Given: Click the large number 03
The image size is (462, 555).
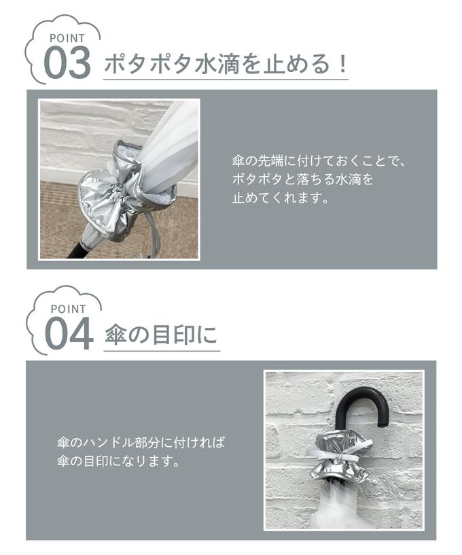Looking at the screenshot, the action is point(67,63).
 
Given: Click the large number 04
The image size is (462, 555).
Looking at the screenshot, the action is point(69,334).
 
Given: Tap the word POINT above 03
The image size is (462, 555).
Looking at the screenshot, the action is point(67,38).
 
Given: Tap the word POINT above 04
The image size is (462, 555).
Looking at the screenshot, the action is point(69,309).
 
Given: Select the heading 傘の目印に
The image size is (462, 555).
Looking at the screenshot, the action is point(161,335).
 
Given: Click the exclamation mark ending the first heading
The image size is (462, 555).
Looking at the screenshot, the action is point(342,64).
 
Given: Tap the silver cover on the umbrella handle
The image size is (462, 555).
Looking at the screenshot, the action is point(341,456).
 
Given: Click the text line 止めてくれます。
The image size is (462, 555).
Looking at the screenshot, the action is point(281,197).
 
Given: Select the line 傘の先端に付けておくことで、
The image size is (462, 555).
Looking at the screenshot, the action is point(318,161).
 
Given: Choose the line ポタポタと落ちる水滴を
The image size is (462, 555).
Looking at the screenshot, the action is point(302,179).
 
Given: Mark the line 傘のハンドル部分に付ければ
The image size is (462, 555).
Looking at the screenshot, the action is point(141,443).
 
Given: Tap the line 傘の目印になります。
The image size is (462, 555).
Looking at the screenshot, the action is point(119,461).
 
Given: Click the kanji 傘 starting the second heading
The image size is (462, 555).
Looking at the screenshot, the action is point(115,335).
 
